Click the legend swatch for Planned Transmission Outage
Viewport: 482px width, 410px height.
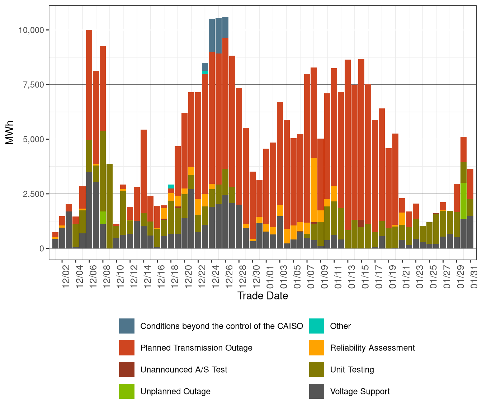[127, 348]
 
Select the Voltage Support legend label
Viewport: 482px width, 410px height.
[360, 391]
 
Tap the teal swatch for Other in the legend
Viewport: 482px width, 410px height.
[317, 326]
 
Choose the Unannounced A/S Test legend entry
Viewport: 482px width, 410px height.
[184, 370]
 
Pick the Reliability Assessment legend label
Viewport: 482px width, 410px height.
[372, 348]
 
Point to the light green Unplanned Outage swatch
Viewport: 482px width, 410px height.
[127, 391]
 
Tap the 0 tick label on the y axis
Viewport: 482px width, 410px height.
[42, 248]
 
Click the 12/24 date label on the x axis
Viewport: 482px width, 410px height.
[216, 276]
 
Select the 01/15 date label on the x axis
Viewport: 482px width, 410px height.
[365, 276]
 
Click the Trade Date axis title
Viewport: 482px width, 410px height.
[263, 296]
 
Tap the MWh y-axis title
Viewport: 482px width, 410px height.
[10, 132]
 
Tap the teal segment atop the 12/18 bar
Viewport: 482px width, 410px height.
[171, 187]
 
